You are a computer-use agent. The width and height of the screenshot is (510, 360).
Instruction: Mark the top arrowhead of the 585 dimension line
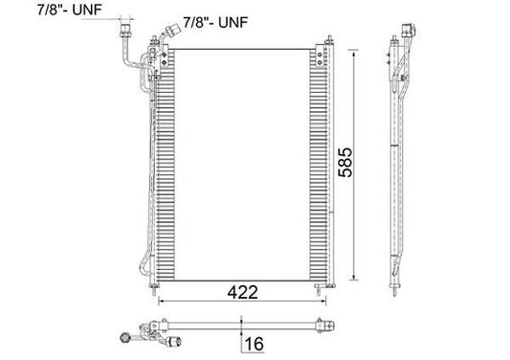[x=355, y=47]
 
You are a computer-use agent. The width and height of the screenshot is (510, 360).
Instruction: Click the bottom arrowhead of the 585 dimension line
[x=355, y=280]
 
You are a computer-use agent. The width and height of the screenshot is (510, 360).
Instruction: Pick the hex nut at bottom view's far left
[x=124, y=337]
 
